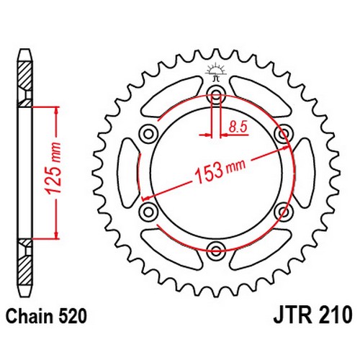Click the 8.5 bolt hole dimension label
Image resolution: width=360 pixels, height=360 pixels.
238,127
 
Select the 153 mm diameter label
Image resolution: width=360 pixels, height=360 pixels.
220,170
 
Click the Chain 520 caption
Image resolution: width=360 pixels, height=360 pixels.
46,316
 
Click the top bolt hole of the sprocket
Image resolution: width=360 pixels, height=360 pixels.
216,94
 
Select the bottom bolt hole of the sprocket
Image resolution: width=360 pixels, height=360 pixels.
216,250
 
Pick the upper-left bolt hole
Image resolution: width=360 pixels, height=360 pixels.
149,133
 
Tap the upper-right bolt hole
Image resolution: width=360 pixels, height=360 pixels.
284,133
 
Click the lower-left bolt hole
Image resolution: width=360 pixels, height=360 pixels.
149,211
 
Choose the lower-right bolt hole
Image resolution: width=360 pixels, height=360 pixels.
284,211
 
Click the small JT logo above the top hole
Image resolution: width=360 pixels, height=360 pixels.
216,72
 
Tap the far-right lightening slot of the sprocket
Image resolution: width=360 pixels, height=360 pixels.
304,172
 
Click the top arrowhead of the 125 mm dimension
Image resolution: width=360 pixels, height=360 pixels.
57,110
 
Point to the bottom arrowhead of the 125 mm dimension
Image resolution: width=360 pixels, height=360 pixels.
57,235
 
